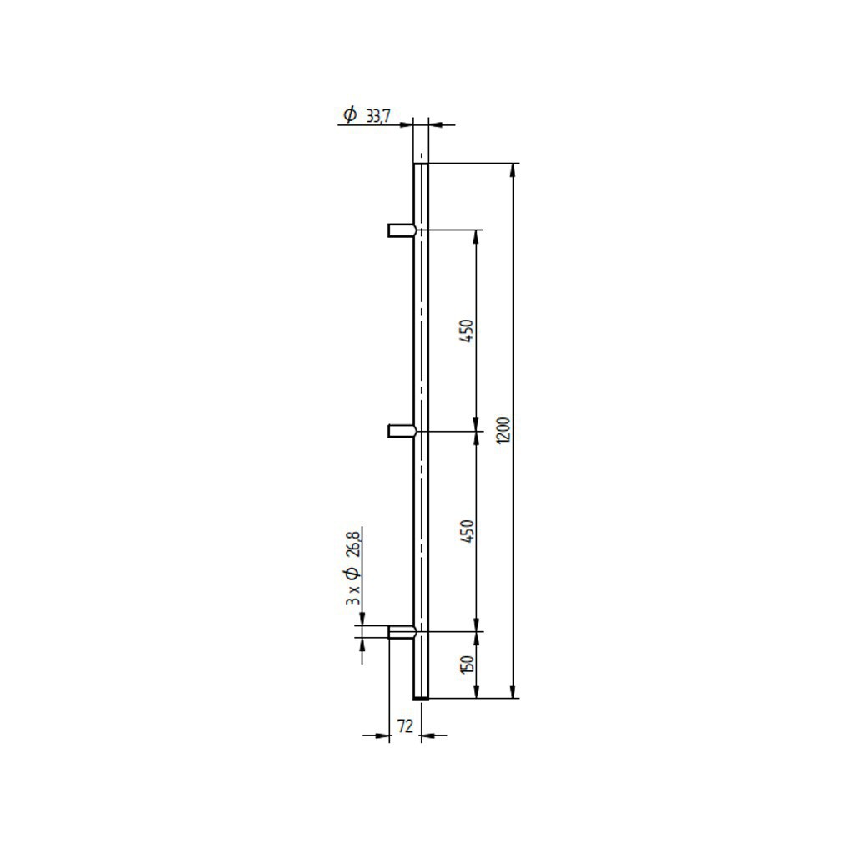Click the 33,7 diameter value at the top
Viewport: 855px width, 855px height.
[x=378, y=116]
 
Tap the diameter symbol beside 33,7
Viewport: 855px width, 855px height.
[x=351, y=114]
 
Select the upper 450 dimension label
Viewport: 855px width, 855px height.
[x=468, y=331]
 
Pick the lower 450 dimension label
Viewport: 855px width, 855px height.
[x=468, y=532]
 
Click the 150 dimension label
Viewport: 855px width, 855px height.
[x=468, y=665]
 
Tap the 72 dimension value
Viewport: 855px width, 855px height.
[x=404, y=727]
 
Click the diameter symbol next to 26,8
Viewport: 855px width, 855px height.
[x=352, y=574]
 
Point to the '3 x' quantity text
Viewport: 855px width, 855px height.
[x=353, y=595]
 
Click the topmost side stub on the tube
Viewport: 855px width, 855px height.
[x=402, y=230]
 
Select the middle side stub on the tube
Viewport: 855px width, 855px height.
[x=402, y=431]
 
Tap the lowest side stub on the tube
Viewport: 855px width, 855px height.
[x=402, y=632]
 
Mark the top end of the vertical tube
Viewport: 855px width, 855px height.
[x=421, y=166]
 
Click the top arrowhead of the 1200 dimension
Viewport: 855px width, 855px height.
[x=512, y=169]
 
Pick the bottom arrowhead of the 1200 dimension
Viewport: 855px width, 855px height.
[x=512, y=692]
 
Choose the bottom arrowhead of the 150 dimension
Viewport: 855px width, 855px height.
[x=476, y=692]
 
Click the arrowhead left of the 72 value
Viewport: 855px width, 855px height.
[x=384, y=736]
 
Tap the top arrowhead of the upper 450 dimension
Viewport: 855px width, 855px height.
[x=476, y=235]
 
